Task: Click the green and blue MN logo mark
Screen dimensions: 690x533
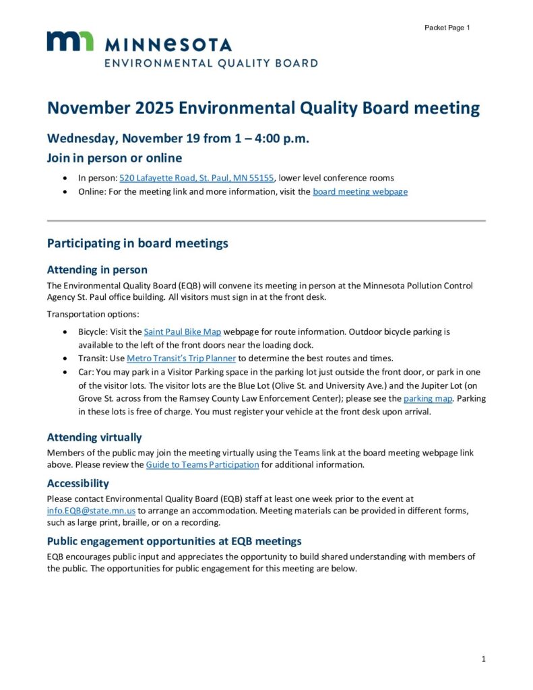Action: pyautogui.click(x=70, y=42)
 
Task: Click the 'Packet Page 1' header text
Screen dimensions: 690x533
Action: pyautogui.click(x=447, y=28)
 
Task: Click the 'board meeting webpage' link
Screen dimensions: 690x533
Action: pyautogui.click(x=360, y=191)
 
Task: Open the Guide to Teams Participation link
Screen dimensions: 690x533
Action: pyautogui.click(x=202, y=464)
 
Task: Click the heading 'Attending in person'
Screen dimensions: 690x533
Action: pyautogui.click(x=97, y=270)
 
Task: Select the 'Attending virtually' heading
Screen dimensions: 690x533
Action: pyautogui.click(x=94, y=437)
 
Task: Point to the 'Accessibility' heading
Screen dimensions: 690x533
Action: pyautogui.click(x=78, y=483)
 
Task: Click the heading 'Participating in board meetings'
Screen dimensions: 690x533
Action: pyautogui.click(x=137, y=243)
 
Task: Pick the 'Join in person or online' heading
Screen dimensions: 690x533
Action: pyautogui.click(x=115, y=158)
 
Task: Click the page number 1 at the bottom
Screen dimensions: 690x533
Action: pyautogui.click(x=483, y=659)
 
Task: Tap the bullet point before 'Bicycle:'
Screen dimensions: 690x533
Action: pyautogui.click(x=64, y=332)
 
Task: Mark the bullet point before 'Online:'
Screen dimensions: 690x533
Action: pyautogui.click(x=64, y=191)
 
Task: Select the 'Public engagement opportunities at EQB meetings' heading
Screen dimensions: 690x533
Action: pyautogui.click(x=174, y=541)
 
